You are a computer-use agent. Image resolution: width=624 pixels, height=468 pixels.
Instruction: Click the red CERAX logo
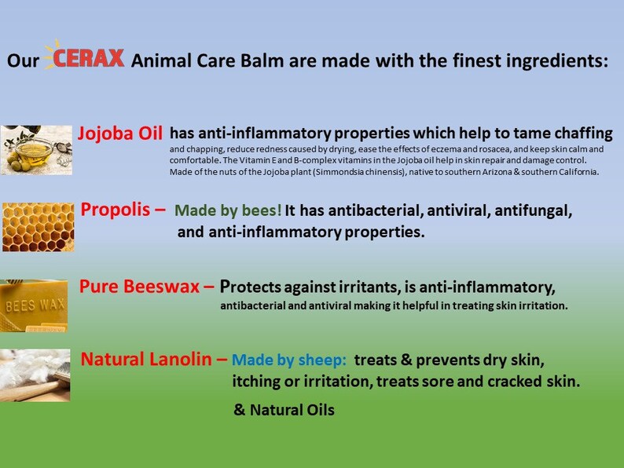(86, 59)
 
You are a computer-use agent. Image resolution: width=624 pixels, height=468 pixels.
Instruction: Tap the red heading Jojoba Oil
(120, 133)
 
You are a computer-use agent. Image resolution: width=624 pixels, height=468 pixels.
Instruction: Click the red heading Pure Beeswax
(140, 286)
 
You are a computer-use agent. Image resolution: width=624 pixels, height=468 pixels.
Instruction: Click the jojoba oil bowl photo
(36, 149)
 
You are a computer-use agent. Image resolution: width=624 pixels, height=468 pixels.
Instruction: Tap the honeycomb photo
(38, 226)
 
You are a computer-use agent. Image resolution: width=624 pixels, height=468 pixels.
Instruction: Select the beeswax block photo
(34, 305)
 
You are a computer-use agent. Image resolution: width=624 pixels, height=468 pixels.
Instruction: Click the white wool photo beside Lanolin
(35, 375)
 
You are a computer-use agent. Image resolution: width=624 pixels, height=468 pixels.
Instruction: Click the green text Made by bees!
(227, 211)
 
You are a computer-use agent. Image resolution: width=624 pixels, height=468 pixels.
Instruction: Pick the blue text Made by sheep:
(289, 360)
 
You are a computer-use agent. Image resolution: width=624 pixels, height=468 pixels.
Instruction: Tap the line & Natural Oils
(284, 410)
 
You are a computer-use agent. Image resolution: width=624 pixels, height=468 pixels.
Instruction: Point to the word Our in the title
(24, 61)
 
